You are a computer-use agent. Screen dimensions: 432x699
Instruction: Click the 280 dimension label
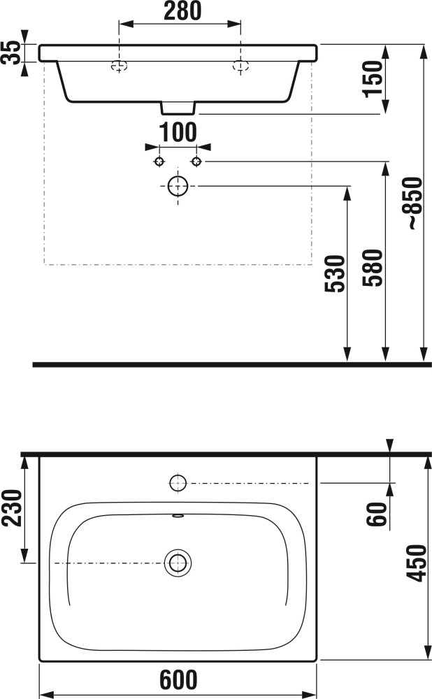[x=182, y=10]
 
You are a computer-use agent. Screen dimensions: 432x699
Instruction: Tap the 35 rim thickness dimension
[x=10, y=52]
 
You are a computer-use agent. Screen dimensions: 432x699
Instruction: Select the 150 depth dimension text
[x=373, y=79]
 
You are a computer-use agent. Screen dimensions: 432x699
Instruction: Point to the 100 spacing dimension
[x=178, y=132]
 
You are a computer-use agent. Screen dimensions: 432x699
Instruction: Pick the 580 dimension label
[x=373, y=268]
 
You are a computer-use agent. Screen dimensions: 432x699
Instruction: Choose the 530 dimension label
[x=335, y=274]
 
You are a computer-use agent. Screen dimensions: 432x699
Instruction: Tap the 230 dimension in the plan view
[x=12, y=507]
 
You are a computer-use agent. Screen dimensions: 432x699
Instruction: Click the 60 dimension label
[x=377, y=514]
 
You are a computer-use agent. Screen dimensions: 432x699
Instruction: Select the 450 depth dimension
[x=417, y=563]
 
